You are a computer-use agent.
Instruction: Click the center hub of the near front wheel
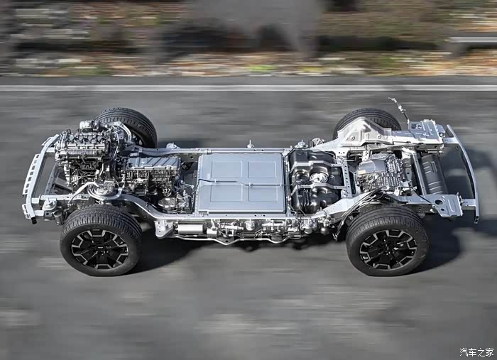99,249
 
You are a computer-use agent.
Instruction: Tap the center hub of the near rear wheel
388,249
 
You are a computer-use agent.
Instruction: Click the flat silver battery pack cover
241,183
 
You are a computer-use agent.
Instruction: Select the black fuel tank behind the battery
314,180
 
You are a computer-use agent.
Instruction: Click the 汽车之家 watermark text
476,352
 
